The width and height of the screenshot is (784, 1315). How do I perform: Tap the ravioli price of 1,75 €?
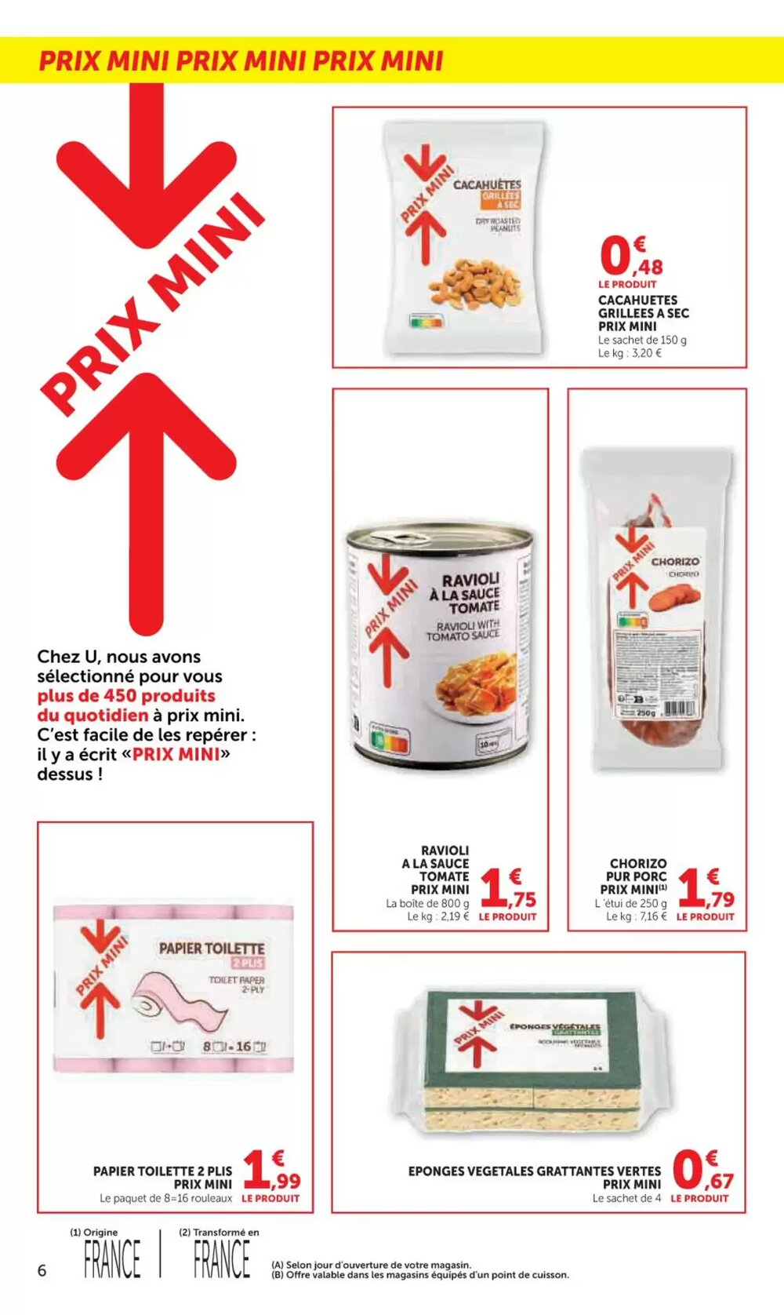(x=507, y=889)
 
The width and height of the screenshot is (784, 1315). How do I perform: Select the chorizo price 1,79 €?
(x=705, y=889)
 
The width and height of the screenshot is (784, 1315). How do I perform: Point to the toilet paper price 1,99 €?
(x=271, y=1171)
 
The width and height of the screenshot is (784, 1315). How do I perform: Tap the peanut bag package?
(x=463, y=235)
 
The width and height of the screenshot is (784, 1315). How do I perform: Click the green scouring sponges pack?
(x=533, y=1059)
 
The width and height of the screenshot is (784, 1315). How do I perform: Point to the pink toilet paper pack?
(x=173, y=989)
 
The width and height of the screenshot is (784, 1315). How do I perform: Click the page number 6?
(x=42, y=1270)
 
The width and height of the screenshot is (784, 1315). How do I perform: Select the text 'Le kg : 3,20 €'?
(x=630, y=353)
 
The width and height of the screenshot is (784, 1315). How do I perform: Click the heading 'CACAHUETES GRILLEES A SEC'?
(x=643, y=306)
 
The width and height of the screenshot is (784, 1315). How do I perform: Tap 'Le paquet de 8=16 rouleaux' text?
(x=165, y=1198)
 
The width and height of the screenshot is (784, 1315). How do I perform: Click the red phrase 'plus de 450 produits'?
(x=126, y=696)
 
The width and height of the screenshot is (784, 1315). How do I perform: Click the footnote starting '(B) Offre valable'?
(x=419, y=1275)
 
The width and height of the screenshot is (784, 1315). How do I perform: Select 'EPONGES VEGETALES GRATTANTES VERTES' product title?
(x=534, y=1171)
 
